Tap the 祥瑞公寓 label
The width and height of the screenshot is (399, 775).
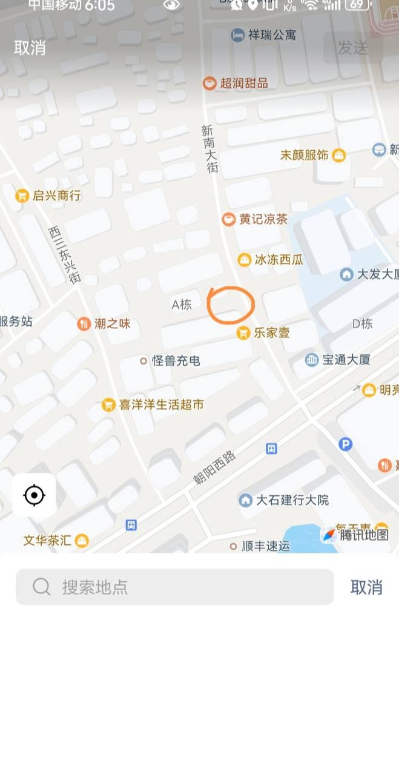264,35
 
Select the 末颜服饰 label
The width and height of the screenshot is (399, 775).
305,155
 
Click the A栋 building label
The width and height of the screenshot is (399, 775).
182,305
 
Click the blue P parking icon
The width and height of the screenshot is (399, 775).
345,444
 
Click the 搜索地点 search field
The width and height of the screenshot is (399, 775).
175,587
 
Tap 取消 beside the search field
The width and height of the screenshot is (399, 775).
366,587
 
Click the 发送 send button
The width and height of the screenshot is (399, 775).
352,48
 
